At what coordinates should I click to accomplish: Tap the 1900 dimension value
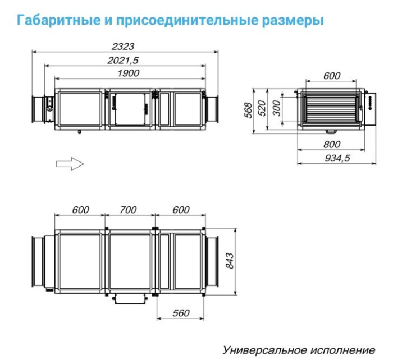pyautogui.click(x=128, y=73)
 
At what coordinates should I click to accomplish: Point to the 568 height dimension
pyautogui.click(x=248, y=111)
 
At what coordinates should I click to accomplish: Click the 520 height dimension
pyautogui.click(x=262, y=108)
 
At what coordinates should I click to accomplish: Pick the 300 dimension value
pyautogui.click(x=276, y=108)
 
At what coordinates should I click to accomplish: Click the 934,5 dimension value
pyautogui.click(x=337, y=159)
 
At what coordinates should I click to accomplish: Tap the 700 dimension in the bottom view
pyautogui.click(x=129, y=210)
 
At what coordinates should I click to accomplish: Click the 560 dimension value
pyautogui.click(x=181, y=312)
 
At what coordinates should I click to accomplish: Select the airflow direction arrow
pyautogui.click(x=70, y=164)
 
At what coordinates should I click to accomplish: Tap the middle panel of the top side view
pyautogui.click(x=129, y=109)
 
